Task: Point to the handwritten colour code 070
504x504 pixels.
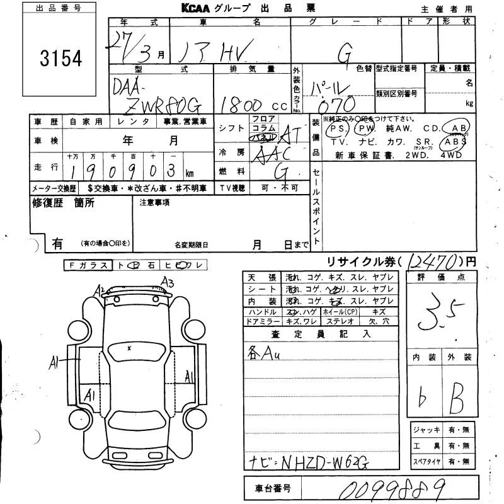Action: coord(337,103)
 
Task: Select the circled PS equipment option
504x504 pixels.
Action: coord(338,129)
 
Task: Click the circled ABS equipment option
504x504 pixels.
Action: coord(455,142)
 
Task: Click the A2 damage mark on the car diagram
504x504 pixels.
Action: coord(100,290)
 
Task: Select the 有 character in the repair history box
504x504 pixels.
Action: coord(57,242)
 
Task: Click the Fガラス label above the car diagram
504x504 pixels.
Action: coord(89,266)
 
